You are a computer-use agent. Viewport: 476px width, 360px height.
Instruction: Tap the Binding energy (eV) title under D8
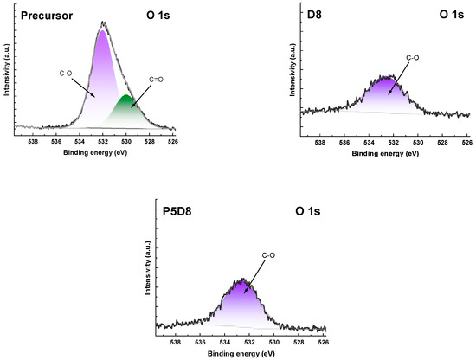[x=383, y=153]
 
